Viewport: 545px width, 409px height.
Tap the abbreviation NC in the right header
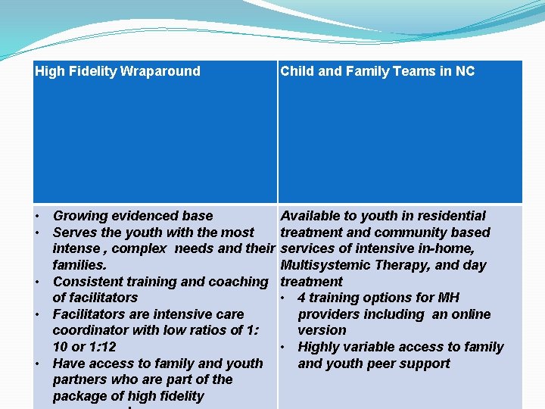click(465, 72)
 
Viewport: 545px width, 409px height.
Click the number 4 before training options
click(302, 298)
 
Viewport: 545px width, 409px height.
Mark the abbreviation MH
click(448, 298)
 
